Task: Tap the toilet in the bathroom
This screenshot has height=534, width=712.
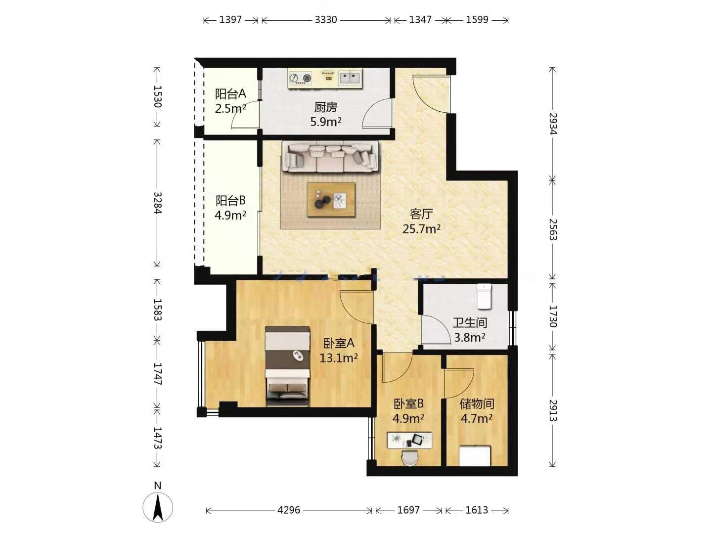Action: click(484, 296)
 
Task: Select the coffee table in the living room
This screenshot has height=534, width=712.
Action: click(331, 199)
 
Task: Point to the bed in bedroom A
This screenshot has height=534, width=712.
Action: click(287, 366)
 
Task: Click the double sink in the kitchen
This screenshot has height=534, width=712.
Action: click(350, 78)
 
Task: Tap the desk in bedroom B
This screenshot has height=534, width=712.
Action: click(409, 440)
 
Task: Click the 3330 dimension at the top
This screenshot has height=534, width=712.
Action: click(326, 20)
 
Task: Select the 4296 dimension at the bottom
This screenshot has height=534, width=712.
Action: click(289, 510)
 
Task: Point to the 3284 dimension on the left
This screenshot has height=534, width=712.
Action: click(157, 203)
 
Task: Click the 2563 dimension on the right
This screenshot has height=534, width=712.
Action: click(553, 229)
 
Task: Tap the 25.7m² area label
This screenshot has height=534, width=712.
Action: click(421, 229)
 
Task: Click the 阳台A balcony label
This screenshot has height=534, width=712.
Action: click(230, 94)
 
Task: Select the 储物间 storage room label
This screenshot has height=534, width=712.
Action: click(477, 404)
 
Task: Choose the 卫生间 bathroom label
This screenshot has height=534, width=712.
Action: click(470, 322)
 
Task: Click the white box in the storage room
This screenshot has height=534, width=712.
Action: click(475, 455)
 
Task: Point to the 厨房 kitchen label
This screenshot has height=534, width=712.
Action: click(326, 107)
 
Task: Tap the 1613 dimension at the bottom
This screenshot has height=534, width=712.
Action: click(477, 510)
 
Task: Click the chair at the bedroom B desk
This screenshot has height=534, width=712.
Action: click(410, 458)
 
